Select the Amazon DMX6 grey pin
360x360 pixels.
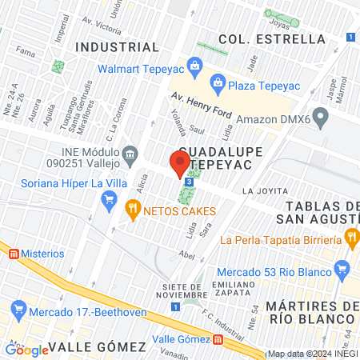coord(322,119)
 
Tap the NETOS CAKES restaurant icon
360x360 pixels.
coord(133,210)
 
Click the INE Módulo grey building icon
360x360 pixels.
coord(130,152)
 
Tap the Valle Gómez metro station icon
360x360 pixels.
coord(218,339)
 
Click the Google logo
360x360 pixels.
coord(26,349)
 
